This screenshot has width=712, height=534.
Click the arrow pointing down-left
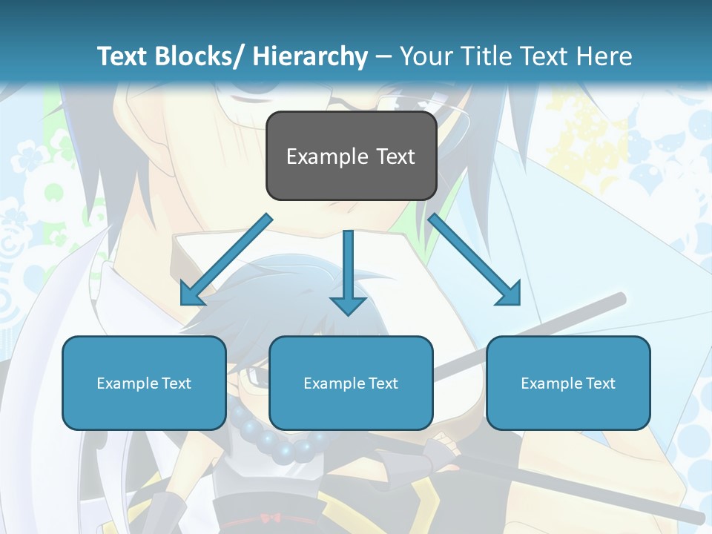(226, 260)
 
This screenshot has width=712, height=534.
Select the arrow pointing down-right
(475, 260)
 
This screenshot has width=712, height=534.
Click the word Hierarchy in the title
(310, 56)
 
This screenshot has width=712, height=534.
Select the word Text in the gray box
(395, 156)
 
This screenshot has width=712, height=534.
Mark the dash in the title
(383, 57)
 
